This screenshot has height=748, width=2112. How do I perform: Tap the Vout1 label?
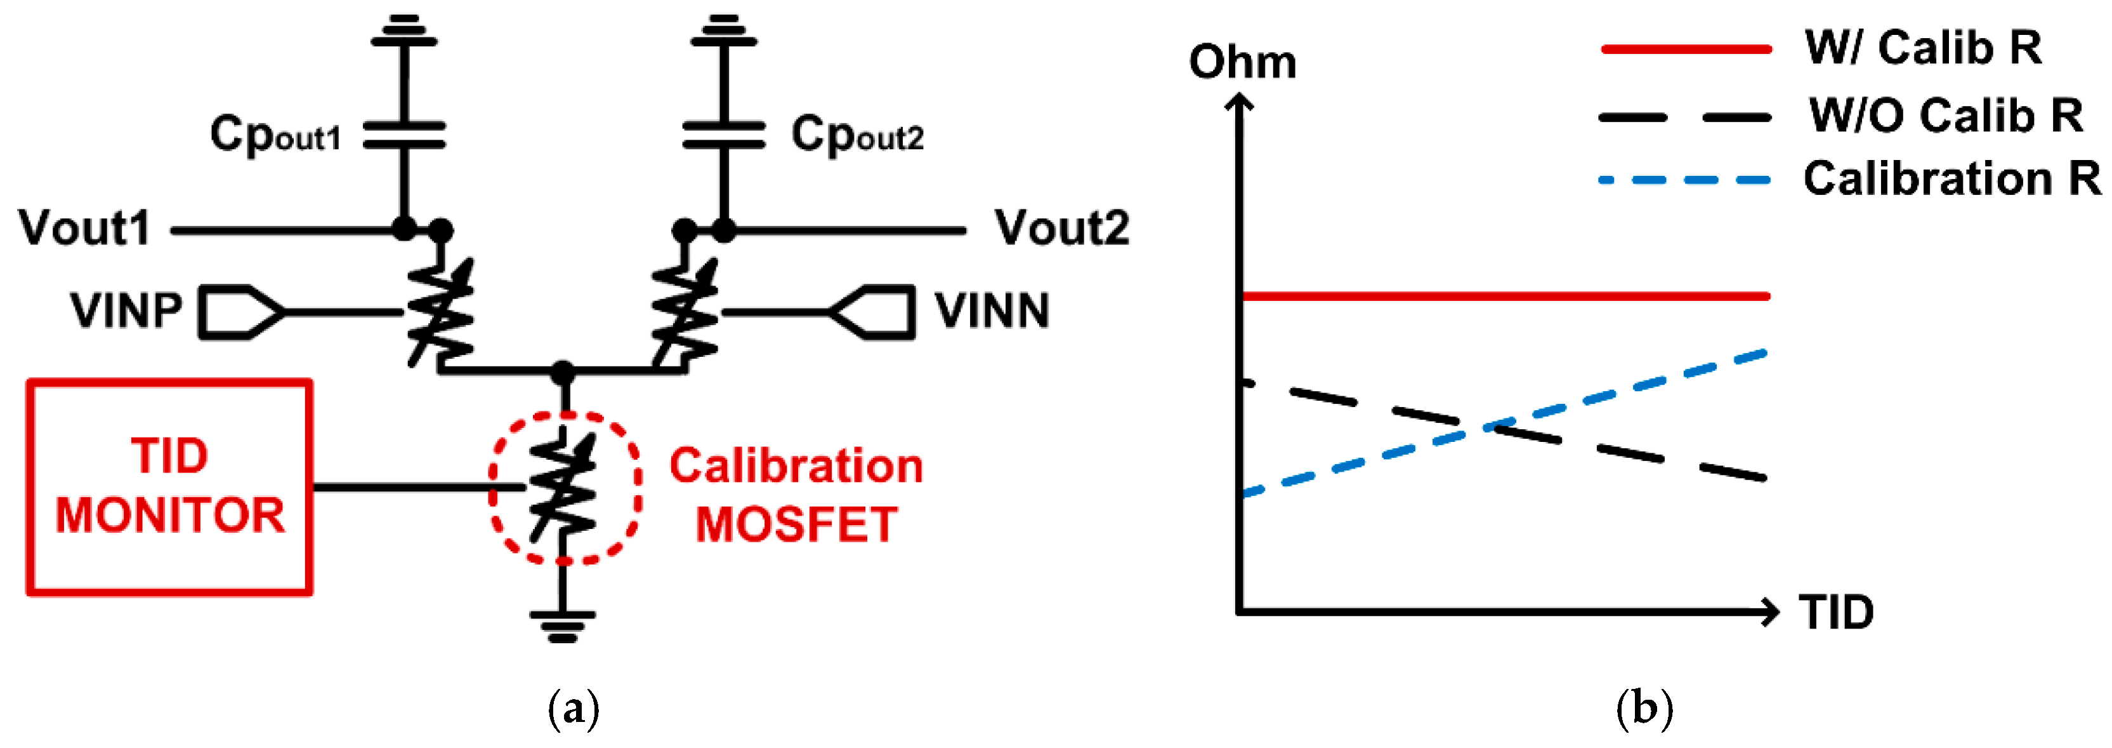point(85,228)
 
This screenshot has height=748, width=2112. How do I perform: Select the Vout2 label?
point(1062,228)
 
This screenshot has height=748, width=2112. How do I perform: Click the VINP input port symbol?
point(240,312)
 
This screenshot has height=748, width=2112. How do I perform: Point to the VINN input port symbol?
point(872,312)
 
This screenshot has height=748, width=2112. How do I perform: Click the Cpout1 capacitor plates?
point(404,135)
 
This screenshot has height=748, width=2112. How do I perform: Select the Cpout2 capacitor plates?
point(723,135)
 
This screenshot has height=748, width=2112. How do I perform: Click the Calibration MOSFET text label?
point(796,495)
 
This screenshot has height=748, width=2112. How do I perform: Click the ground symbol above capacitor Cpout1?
point(404,31)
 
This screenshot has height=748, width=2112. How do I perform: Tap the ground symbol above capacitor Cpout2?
point(723,31)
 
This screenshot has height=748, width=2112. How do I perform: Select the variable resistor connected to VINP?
point(440,312)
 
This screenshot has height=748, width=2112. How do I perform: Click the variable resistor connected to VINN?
point(685,312)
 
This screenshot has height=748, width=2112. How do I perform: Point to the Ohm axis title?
point(1242,62)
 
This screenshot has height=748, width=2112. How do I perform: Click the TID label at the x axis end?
point(1835,613)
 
